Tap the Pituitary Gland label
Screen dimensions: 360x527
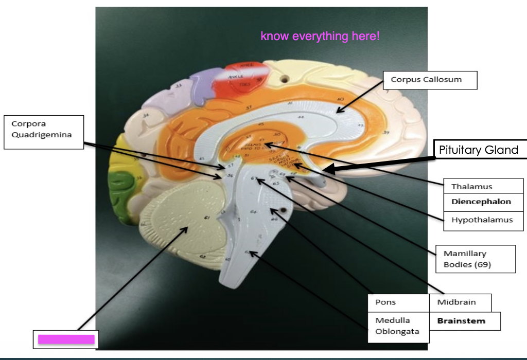tap(478, 150)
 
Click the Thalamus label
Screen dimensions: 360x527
tap(471, 187)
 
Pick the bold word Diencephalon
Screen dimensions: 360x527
tap(481, 202)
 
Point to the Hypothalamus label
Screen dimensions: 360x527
tap(482, 220)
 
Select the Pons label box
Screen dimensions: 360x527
tap(398, 302)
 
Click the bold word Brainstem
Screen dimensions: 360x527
tap(461, 321)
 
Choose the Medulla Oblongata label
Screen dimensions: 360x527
tap(398, 326)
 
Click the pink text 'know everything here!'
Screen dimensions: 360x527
tap(320, 37)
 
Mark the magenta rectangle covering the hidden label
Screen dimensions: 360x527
tap(66, 339)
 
